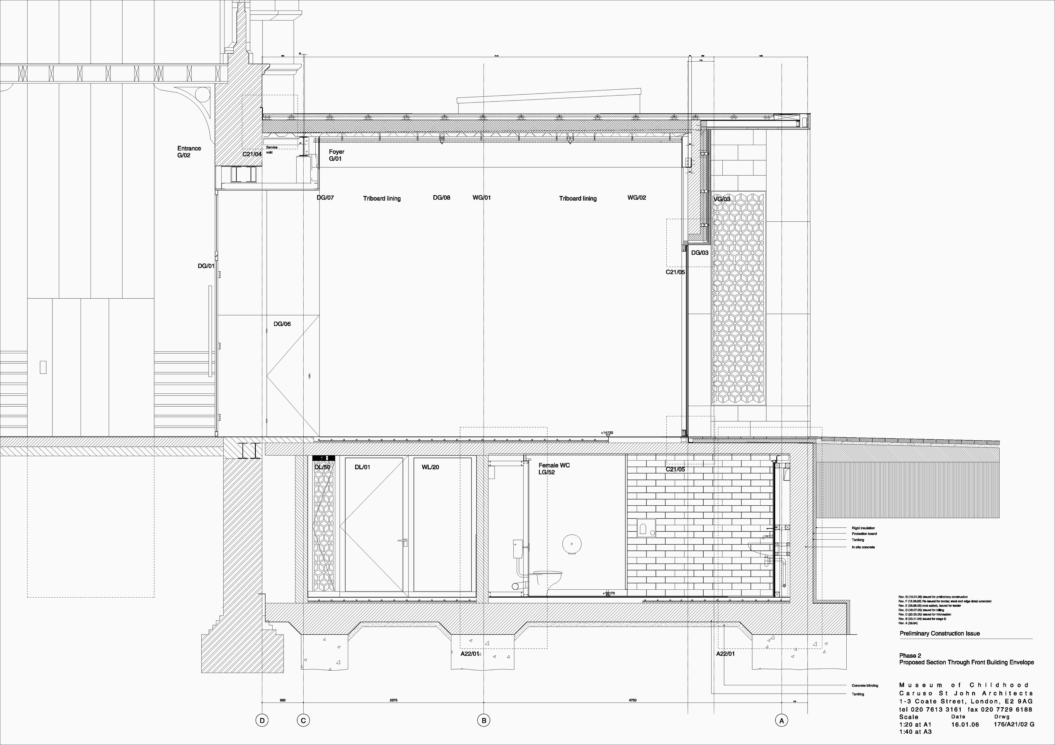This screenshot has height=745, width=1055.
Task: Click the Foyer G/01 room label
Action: point(336,155)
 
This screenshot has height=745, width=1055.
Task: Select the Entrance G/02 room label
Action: point(189,151)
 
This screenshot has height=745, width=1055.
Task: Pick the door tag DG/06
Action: point(282,324)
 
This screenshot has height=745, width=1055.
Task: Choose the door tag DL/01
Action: point(362,467)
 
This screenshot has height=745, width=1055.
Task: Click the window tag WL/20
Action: point(430,467)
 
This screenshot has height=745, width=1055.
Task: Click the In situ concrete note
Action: point(863,547)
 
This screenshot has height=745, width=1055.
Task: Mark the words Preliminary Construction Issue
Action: point(940,633)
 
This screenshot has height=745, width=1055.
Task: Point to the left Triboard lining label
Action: point(382,198)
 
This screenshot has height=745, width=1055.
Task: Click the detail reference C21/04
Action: point(252,154)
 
